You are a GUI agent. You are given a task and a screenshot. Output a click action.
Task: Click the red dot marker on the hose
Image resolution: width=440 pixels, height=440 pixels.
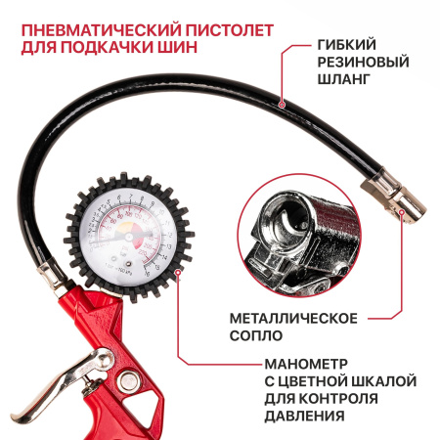click(x=282, y=102)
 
